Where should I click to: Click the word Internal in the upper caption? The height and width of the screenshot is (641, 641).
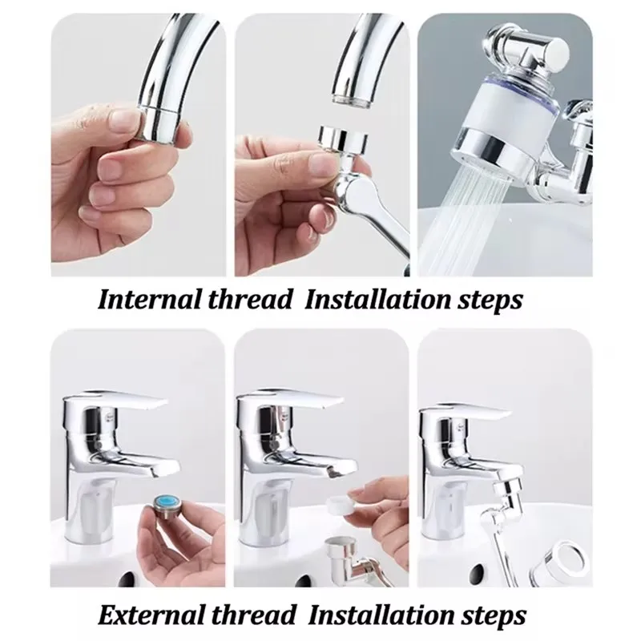point(149,300)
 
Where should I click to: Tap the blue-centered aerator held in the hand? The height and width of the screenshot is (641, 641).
point(167,508)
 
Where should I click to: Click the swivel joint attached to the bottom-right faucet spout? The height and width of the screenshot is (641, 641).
point(507,493)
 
